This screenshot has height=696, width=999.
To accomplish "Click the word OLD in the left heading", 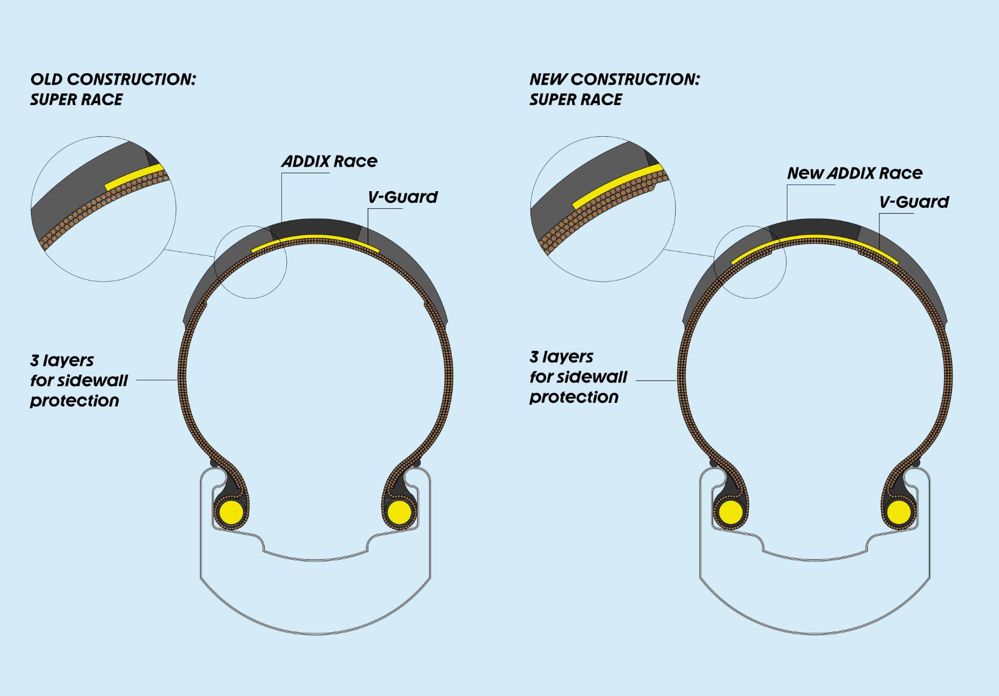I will (47, 79).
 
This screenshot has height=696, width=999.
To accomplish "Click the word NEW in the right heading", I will (548, 79).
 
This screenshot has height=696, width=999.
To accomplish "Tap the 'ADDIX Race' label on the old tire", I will (329, 161).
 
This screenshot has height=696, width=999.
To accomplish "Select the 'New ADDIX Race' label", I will (854, 173).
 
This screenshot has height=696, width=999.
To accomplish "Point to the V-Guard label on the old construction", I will (403, 197).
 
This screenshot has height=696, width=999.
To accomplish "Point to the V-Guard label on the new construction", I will (914, 202).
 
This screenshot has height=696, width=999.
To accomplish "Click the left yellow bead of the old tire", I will (231, 513).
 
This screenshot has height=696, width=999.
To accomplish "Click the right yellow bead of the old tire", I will (399, 513).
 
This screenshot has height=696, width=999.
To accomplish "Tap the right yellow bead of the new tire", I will (899, 513).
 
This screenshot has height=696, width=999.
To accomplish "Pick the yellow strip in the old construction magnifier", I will (134, 176).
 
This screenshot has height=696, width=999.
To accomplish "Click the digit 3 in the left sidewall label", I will (35, 360).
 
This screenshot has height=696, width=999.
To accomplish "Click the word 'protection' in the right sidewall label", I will (574, 397).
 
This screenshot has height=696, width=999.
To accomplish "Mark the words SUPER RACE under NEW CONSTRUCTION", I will (575, 100).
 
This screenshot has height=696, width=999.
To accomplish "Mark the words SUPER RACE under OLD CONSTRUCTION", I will (76, 100).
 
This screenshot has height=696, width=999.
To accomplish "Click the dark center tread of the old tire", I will (316, 227).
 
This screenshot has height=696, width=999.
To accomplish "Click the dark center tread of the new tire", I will (815, 228).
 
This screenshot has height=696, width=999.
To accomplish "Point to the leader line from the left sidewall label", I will (157, 380).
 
